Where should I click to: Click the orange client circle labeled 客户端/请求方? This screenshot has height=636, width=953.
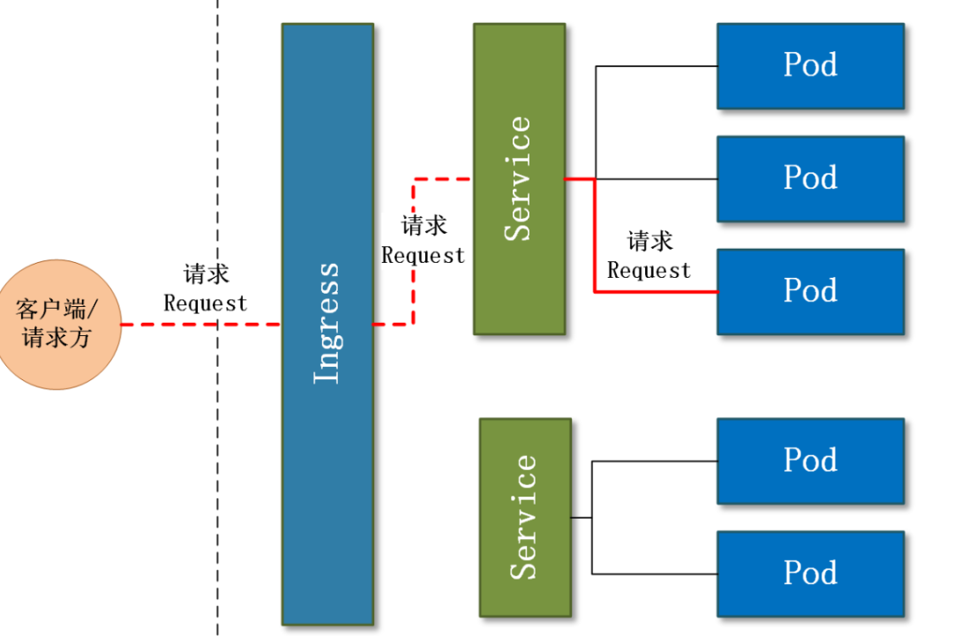(59, 324)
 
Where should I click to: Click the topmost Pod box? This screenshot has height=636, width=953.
(810, 66)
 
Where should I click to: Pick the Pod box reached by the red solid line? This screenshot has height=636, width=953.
(810, 291)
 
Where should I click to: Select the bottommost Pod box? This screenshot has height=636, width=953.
(810, 572)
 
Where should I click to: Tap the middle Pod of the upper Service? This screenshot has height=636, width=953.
(810, 178)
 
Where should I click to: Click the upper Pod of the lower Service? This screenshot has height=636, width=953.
(810, 460)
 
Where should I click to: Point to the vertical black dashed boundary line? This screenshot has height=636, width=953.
(218, 132)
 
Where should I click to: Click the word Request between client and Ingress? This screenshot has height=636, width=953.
(206, 303)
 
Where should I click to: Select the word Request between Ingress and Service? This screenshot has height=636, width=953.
(423, 256)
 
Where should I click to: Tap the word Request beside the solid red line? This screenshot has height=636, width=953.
(649, 271)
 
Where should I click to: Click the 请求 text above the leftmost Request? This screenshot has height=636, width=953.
(206, 274)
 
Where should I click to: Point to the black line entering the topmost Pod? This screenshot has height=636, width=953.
(657, 66)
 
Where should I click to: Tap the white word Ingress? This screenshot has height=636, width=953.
(327, 323)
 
